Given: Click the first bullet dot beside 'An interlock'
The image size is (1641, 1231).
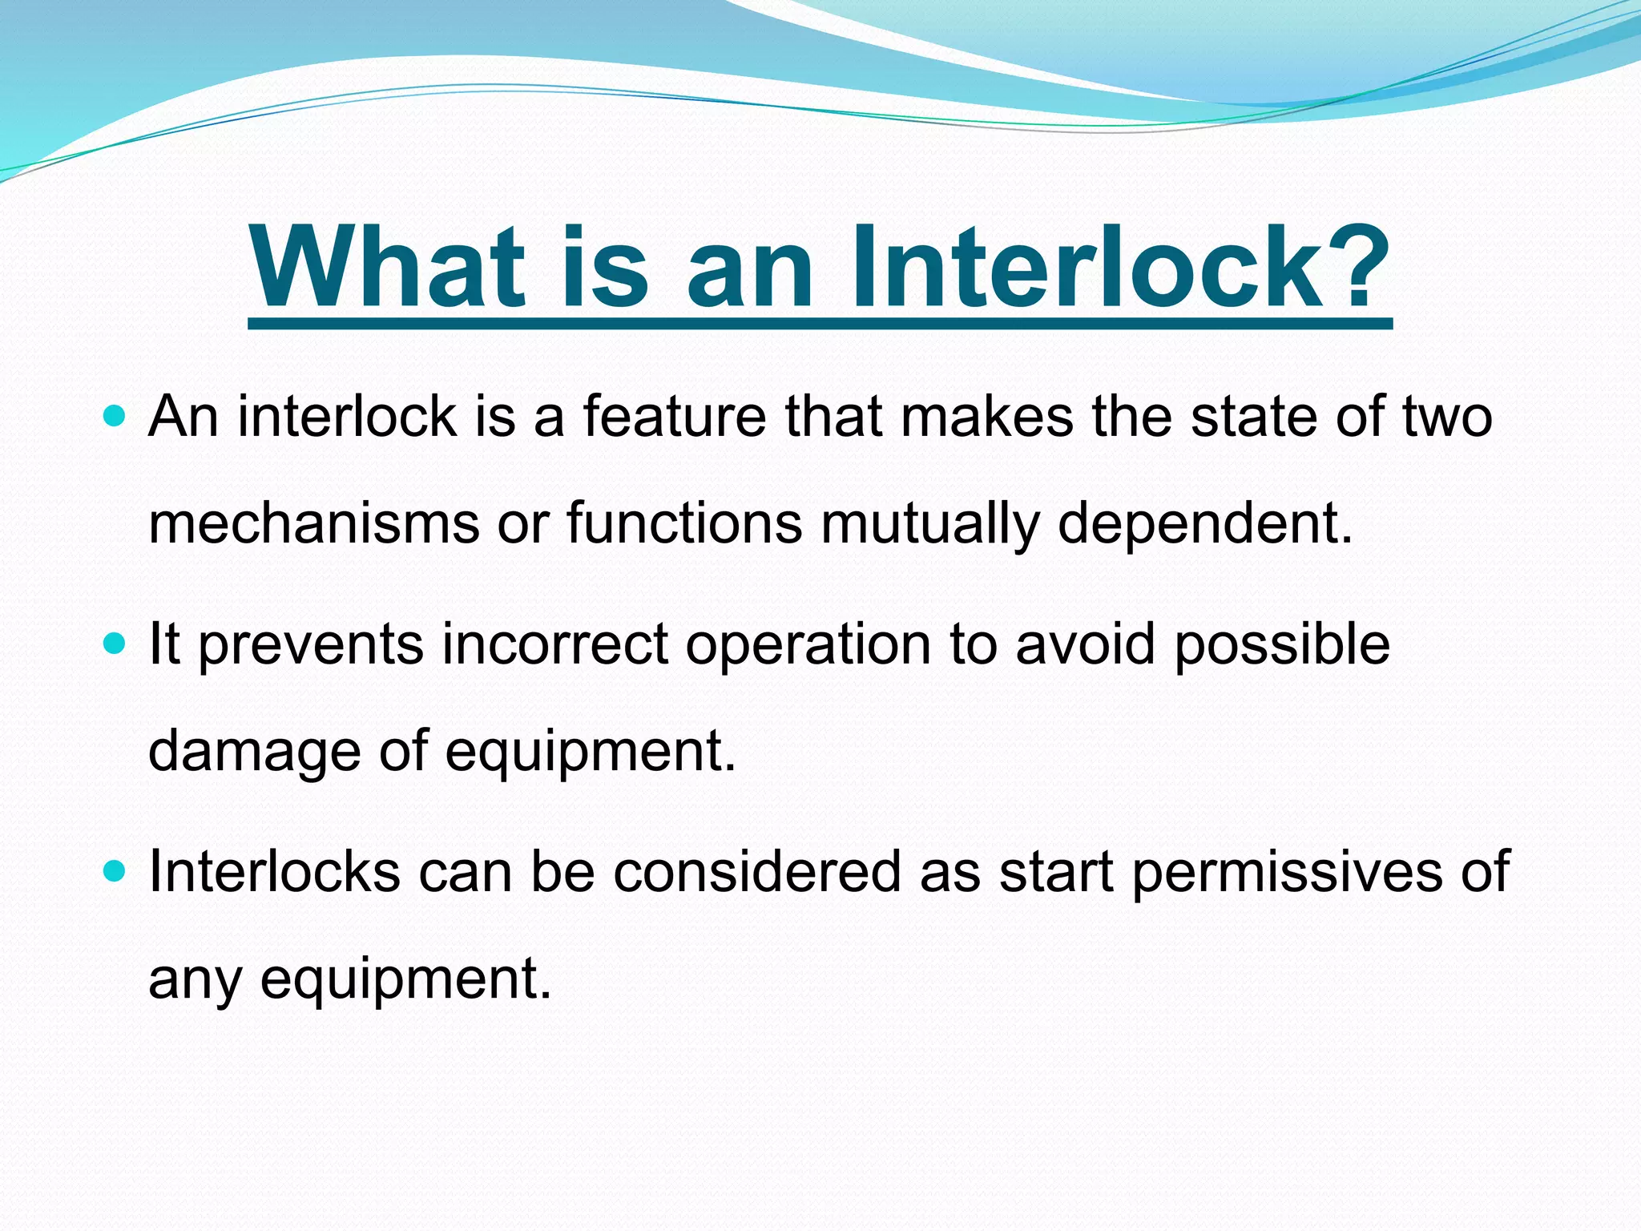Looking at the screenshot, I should [115, 416].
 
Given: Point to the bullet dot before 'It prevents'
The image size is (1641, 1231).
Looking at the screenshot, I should [115, 643].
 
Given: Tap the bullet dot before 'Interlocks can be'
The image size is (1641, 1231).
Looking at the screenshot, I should [115, 870].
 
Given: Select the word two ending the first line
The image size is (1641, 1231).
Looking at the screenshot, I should [1447, 418].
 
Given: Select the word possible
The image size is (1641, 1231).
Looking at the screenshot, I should [1282, 646].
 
